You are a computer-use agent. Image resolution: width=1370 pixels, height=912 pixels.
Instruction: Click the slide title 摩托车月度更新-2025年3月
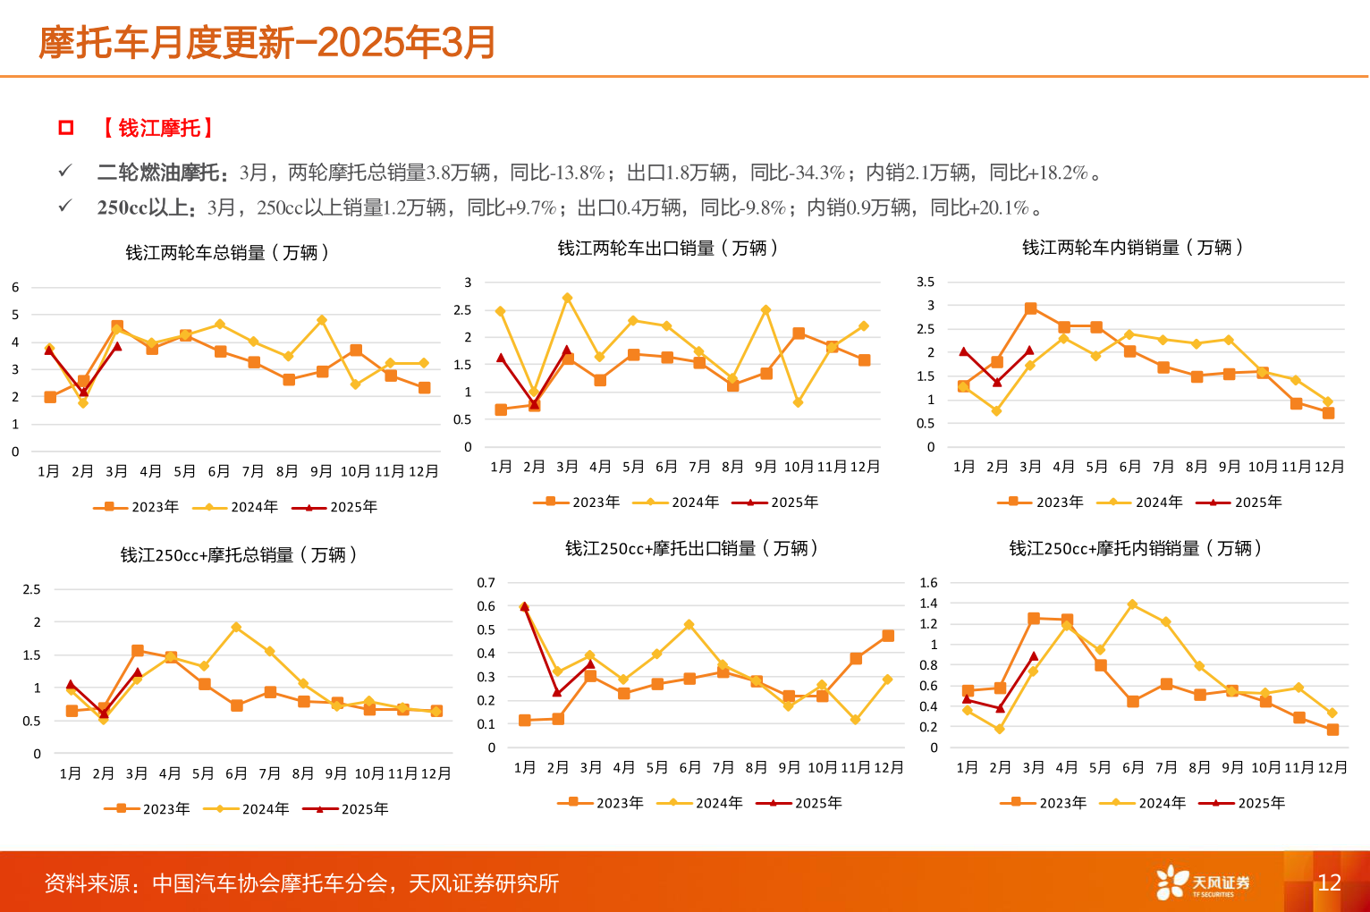pyautogui.click(x=266, y=42)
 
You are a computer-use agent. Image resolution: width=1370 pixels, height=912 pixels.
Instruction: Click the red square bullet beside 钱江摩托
pyautogui.click(x=65, y=128)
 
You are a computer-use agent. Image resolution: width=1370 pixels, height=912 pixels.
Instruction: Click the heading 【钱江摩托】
pyautogui.click(x=158, y=128)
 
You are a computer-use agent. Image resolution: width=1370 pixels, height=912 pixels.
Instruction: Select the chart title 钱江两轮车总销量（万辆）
pyautogui.click(x=227, y=253)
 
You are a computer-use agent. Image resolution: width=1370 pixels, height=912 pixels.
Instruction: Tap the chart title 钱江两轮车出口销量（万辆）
pyautogui.click(x=667, y=248)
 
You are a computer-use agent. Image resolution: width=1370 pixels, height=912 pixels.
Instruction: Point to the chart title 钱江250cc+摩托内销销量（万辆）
pyautogui.click(x=1135, y=548)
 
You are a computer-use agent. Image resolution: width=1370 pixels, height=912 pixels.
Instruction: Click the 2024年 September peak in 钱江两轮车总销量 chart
pyautogui.click(x=321, y=320)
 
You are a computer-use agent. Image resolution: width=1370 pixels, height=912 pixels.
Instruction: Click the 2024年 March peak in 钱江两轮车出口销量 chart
pyautogui.click(x=567, y=298)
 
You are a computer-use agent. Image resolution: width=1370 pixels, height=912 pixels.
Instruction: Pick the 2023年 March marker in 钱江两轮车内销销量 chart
pyautogui.click(x=1030, y=308)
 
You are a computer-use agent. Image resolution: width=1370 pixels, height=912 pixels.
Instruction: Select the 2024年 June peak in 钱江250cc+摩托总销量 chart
pyautogui.click(x=236, y=628)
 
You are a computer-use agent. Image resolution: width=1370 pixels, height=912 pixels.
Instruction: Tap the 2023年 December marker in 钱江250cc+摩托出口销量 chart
pyautogui.click(x=888, y=636)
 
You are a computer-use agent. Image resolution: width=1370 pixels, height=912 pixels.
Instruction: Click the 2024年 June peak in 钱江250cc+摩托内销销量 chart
pyautogui.click(x=1132, y=604)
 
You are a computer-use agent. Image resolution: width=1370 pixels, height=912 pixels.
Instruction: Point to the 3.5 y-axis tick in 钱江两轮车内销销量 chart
pyautogui.click(x=926, y=282)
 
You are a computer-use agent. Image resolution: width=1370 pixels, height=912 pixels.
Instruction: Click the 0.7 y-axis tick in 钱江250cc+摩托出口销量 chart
pyautogui.click(x=486, y=583)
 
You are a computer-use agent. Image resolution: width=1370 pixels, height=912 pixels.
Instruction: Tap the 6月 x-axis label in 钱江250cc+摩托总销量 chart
pyautogui.click(x=236, y=773)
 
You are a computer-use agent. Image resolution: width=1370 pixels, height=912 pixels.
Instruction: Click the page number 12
pyautogui.click(x=1329, y=882)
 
